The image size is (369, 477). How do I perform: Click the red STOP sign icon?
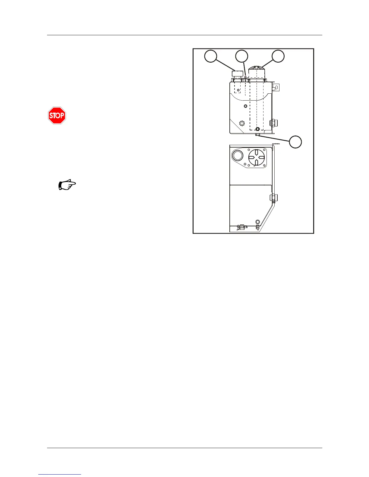point(57,115)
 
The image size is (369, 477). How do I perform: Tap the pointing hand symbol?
point(67,185)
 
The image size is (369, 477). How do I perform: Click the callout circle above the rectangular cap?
point(211,56)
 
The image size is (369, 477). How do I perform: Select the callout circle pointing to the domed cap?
point(278,56)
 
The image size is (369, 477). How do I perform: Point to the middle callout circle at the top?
point(242,56)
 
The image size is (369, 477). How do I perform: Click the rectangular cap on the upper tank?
point(238,73)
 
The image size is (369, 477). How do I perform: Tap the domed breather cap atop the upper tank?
point(256,72)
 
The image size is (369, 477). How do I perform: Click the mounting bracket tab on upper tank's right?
point(276,87)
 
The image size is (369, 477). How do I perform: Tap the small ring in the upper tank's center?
point(245,106)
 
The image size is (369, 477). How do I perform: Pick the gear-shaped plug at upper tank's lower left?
point(242,123)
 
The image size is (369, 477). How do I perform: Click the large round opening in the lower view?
point(237,155)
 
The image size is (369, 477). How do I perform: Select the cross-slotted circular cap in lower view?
point(257,157)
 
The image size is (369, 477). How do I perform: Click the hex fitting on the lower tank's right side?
point(273,198)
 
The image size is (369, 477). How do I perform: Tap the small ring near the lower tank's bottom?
point(257,221)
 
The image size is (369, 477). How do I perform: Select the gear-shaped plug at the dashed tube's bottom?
point(257,129)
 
